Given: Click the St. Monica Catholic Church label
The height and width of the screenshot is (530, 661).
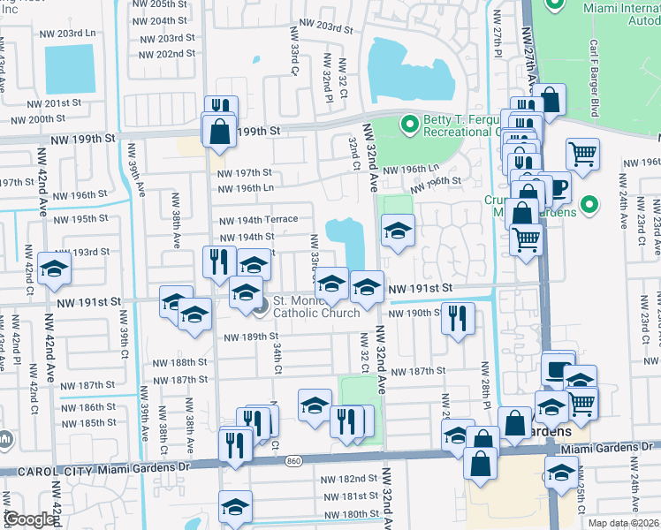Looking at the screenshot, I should tap(315, 306).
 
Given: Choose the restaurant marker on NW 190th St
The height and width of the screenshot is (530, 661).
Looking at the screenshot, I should tap(457, 318).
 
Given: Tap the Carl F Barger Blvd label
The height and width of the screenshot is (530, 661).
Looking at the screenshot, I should tap(619, 76).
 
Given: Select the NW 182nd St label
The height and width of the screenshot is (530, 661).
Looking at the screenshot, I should tap(348, 478).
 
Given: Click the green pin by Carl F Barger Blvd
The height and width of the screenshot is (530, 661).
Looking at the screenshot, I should tap(556, 4).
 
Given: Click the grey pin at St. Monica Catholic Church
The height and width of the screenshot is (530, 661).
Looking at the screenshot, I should tap(260, 307).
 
